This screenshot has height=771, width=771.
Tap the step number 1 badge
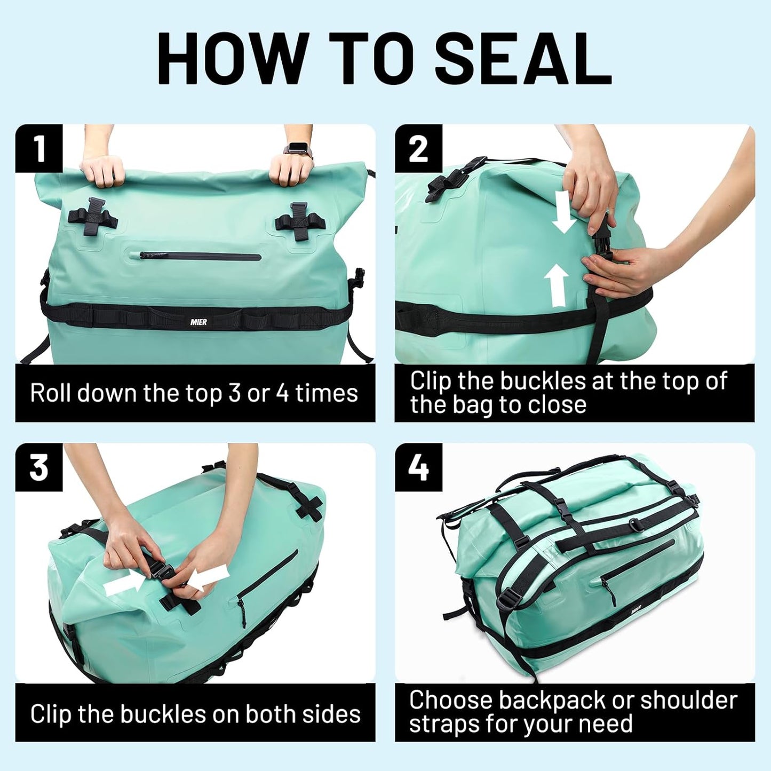39,148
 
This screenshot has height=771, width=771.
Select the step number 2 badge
418,148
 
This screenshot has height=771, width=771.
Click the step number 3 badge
39,467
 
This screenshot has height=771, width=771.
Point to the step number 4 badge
418,467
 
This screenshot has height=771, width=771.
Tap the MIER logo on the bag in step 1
198,322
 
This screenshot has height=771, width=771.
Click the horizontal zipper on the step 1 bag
201,257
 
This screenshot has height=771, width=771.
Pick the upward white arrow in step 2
557,285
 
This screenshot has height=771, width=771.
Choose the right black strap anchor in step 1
299,219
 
